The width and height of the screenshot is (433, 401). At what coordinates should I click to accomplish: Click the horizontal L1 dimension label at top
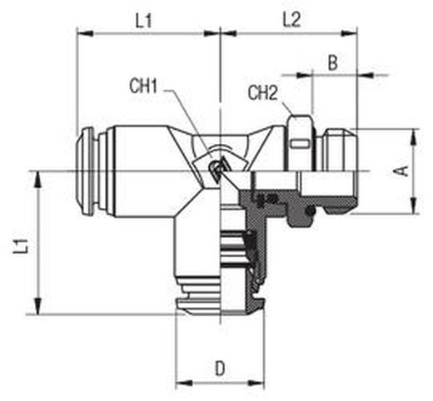(144, 21)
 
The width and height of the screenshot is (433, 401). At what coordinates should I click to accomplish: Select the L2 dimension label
(291, 20)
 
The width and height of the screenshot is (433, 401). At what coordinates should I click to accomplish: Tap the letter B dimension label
(333, 63)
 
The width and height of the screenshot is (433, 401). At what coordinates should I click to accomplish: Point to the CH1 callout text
(143, 86)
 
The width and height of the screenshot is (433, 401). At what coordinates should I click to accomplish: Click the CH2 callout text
(262, 93)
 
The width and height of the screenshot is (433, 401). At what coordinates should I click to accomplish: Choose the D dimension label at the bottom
(220, 369)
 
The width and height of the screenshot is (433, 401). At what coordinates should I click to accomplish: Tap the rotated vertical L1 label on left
(22, 245)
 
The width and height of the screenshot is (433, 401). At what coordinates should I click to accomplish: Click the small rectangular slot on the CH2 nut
(300, 144)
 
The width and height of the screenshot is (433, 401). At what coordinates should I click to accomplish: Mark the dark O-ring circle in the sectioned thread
(311, 210)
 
